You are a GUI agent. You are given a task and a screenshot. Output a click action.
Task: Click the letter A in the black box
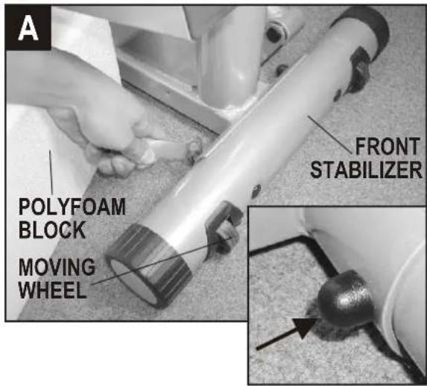click(x=28, y=28)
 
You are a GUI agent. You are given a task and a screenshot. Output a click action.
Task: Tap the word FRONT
click(x=388, y=147)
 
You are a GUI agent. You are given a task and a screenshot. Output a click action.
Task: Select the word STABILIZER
click(x=367, y=170)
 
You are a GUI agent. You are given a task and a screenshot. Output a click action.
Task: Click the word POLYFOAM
click(x=72, y=207)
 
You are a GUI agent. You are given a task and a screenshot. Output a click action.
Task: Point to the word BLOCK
click(x=52, y=230)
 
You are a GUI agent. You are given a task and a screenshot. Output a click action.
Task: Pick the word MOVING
click(x=57, y=267)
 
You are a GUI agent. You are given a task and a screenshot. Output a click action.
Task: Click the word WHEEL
click(x=53, y=290)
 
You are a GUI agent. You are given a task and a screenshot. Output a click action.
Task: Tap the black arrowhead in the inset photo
click(x=303, y=327)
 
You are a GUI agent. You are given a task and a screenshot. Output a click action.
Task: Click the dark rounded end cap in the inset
click(x=345, y=297)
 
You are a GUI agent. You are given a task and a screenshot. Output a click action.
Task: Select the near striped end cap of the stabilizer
click(x=148, y=265)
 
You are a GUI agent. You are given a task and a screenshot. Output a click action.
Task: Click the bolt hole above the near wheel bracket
click(x=256, y=190)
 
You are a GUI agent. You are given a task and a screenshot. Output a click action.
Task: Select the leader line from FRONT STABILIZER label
click(x=329, y=134)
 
